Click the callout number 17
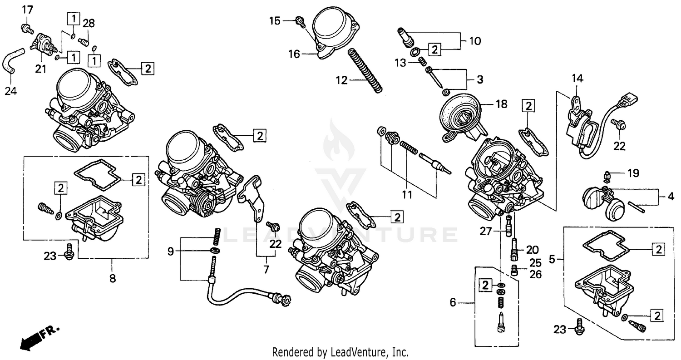click(x=28, y=10)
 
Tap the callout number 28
click(x=89, y=23)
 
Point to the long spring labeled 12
click(x=365, y=71)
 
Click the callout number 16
click(x=294, y=54)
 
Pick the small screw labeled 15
click(x=300, y=20)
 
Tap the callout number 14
click(x=577, y=79)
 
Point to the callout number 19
click(x=633, y=173)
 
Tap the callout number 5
click(x=552, y=260)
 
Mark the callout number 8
click(x=112, y=278)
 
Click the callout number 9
click(x=170, y=252)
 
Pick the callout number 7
click(x=266, y=270)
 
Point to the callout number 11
click(x=407, y=195)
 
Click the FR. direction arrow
click(x=39, y=336)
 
